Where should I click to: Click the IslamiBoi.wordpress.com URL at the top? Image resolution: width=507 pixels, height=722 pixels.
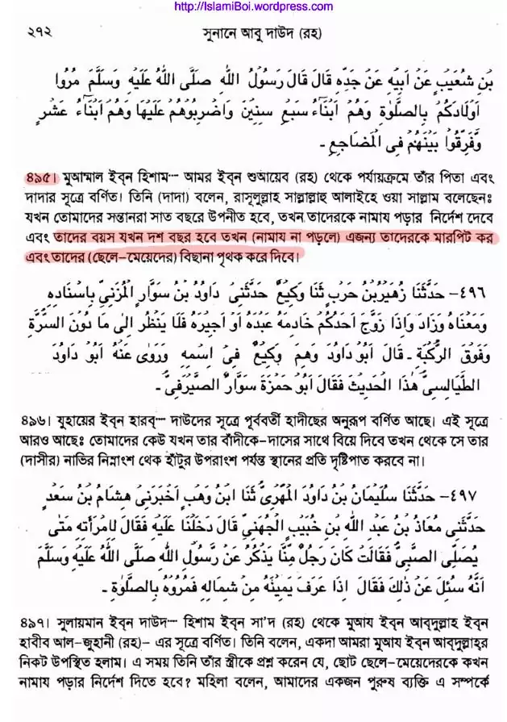click(253, 6)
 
